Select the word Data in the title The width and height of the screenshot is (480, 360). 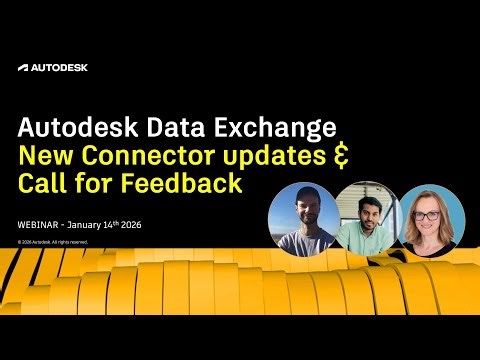170,129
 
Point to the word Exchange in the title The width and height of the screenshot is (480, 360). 272,129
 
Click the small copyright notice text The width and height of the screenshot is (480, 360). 53,241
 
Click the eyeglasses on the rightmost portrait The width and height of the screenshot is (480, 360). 429,215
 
